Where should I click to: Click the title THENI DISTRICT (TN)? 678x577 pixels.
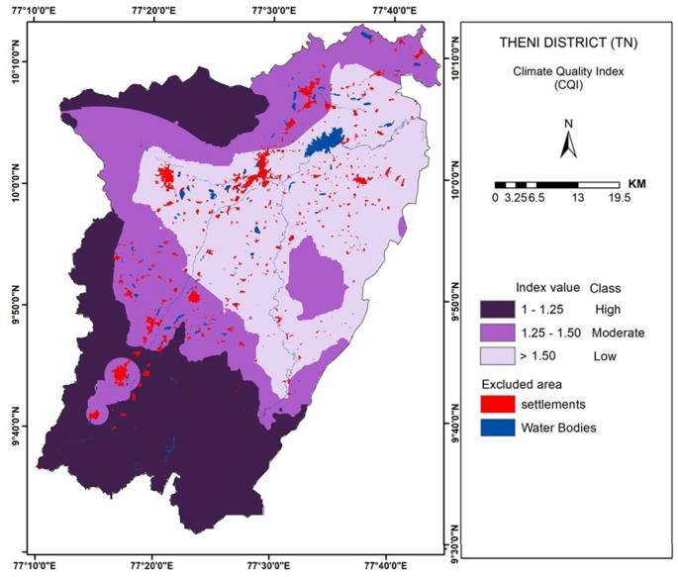click(568, 43)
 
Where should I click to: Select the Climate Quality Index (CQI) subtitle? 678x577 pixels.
click(568, 78)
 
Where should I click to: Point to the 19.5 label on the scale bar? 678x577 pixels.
click(620, 198)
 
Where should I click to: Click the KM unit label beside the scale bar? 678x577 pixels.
click(636, 184)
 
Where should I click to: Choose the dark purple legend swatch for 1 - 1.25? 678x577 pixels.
click(498, 310)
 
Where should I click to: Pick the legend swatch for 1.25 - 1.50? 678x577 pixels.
click(498, 333)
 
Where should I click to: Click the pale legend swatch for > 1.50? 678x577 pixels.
click(498, 356)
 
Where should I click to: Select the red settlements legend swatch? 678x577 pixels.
click(498, 404)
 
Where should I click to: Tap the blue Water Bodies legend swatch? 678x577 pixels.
click(498, 428)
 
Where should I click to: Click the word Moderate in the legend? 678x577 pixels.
click(618, 333)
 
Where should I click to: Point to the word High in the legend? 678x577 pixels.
click(608, 310)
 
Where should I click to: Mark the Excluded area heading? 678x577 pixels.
click(522, 384)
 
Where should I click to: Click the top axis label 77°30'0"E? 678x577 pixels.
click(274, 10)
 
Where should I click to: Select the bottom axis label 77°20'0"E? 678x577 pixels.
click(153, 566)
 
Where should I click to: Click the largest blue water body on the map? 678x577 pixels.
click(325, 142)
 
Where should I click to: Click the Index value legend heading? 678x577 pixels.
click(547, 287)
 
